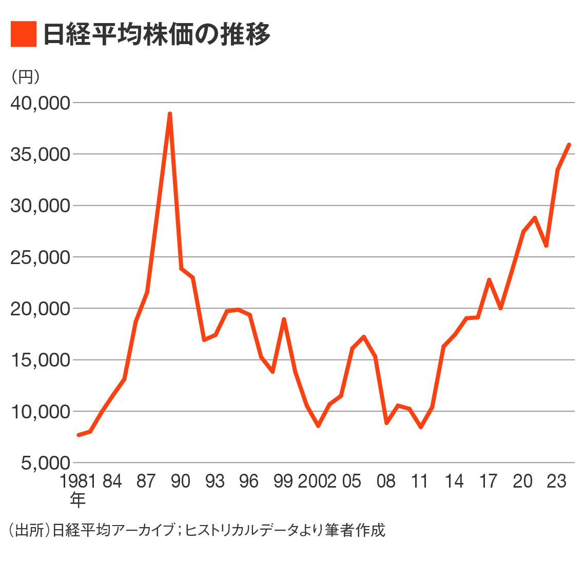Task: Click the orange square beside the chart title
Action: coord(24,34)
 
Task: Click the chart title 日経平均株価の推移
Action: coord(157,34)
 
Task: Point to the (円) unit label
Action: coord(25,77)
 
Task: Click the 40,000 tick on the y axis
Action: coord(40,103)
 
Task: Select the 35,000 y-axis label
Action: coord(40,154)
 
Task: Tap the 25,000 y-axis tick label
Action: coord(40,257)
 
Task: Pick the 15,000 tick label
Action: coord(40,360)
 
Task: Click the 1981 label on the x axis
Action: coord(78,481)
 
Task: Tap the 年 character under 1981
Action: coord(77,499)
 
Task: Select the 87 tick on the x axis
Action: coord(146,481)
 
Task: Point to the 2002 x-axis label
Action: coord(317,481)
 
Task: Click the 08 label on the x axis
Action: coord(386,481)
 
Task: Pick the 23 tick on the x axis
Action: coord(557,481)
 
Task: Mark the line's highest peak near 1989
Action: coord(169,114)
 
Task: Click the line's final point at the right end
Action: coord(569,145)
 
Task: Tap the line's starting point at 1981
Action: coord(79,435)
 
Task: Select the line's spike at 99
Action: coord(284,319)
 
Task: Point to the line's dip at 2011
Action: coord(421,427)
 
